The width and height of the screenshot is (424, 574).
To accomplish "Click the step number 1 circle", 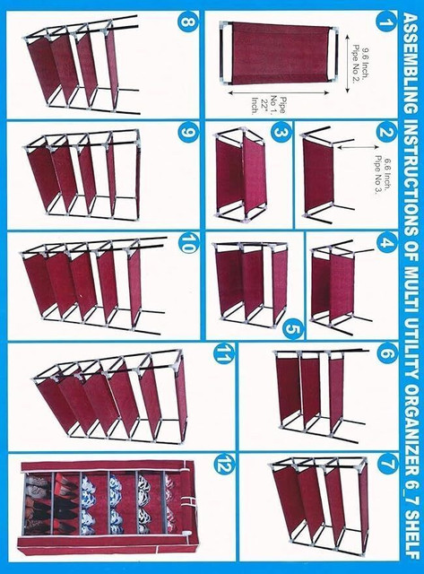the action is tap(385, 22).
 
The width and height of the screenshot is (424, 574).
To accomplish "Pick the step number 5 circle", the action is tap(294, 329).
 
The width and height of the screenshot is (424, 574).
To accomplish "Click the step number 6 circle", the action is tap(386, 353).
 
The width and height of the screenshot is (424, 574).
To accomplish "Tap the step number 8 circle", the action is tap(188, 22).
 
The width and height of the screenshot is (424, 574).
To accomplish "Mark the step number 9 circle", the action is tap(188, 132).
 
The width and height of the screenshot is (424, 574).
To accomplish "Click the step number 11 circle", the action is tap(223, 353).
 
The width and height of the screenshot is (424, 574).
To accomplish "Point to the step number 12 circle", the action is tap(223, 465).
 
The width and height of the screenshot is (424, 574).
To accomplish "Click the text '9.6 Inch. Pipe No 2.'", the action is tap(360, 64).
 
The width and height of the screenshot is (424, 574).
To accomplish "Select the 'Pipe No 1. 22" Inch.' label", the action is tap(267, 106).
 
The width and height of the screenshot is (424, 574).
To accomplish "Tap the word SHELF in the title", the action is tap(411, 532).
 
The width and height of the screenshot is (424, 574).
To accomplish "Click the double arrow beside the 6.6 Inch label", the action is tap(357, 147).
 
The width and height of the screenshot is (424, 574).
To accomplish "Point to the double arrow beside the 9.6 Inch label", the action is tap(347, 62).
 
